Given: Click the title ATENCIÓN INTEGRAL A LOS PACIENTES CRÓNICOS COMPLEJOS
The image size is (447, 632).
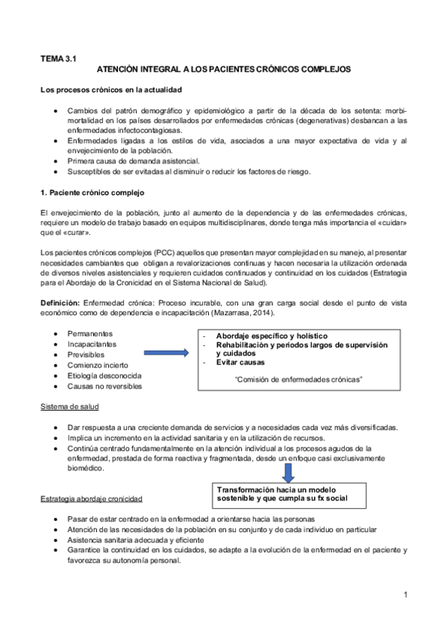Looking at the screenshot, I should pyautogui.click(x=224, y=69).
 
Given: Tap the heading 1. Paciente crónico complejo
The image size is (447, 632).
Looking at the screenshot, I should pyautogui.click(x=87, y=192).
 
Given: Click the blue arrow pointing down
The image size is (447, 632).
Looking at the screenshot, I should pyautogui.click(x=287, y=472).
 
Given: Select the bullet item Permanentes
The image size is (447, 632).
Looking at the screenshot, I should pyautogui.click(x=90, y=332).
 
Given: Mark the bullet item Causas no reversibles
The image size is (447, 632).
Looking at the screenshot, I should pyautogui.click(x=104, y=386).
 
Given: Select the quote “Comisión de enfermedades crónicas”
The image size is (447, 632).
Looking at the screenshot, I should pyautogui.click(x=298, y=379).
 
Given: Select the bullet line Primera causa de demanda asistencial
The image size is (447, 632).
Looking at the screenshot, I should pyautogui.click(x=133, y=160).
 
